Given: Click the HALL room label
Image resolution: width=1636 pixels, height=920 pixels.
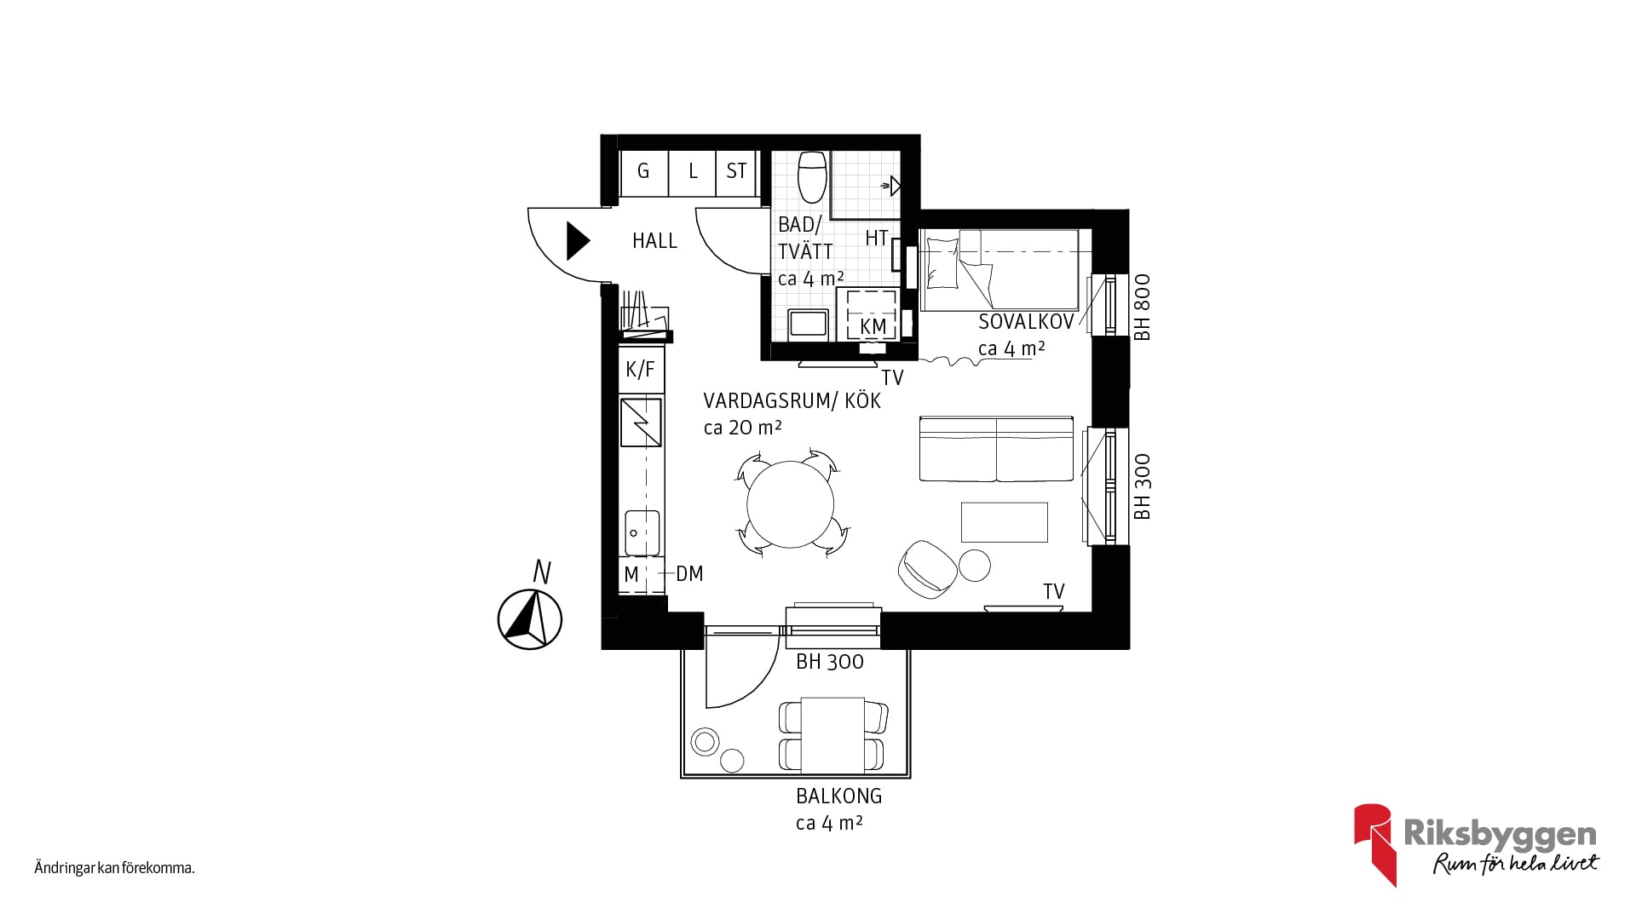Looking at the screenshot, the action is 654,241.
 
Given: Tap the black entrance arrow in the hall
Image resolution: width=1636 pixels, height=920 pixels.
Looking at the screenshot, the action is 578,241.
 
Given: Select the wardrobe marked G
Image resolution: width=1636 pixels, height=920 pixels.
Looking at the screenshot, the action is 643,171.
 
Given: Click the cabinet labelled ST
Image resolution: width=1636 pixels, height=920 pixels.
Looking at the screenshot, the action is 736,171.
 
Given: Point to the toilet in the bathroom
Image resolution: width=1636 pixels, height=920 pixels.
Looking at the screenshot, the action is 812,176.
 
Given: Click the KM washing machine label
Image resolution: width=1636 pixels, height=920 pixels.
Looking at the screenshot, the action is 873,327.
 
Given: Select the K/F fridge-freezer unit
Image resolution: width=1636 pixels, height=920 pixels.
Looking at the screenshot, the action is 641,369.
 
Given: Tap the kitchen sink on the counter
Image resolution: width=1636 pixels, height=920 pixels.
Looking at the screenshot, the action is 642,532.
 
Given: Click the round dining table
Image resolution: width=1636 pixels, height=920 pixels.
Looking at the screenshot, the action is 790,504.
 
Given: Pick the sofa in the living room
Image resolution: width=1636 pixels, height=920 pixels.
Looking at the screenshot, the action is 996,449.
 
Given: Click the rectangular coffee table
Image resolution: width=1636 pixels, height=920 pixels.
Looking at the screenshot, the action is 1005,522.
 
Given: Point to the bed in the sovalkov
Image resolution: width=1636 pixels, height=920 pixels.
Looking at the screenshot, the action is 999,269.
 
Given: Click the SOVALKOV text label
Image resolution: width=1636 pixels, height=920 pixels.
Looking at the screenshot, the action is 1026,322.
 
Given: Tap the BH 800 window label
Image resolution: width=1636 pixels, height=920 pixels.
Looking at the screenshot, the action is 1143,307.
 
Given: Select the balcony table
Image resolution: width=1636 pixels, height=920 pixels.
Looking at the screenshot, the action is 833,735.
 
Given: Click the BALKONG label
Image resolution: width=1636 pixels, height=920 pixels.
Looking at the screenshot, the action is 839,796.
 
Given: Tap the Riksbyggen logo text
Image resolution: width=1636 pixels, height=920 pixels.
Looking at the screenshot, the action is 1500,834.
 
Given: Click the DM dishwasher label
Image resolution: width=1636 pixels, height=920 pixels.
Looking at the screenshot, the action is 689,574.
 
